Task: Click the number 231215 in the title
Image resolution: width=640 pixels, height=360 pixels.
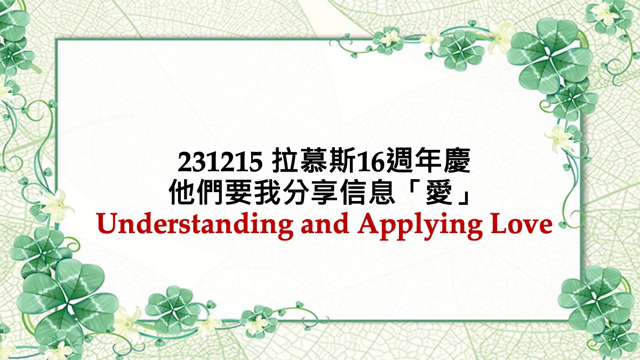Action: [x=220, y=162]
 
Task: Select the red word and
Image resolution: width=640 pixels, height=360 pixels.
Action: [x=325, y=225]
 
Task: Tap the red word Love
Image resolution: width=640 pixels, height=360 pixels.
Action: [x=522, y=225]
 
